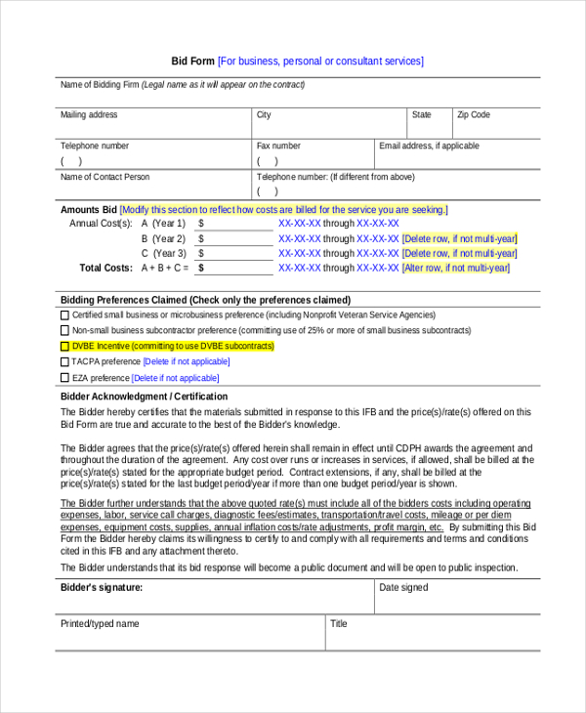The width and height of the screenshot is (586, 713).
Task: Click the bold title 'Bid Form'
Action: coord(192,62)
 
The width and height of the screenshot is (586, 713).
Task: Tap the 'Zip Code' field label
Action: coord(474,115)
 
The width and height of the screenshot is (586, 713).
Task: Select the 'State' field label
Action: coord(422,115)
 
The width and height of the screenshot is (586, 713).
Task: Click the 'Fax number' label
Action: coord(278,147)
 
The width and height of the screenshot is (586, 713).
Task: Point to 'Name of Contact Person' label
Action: coord(105,178)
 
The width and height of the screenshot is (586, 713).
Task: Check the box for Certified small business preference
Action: coord(65,315)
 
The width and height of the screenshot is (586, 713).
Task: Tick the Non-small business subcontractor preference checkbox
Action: coord(65,331)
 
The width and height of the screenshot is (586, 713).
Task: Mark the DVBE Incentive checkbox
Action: coord(65,347)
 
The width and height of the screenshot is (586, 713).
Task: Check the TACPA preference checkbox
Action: coord(65,362)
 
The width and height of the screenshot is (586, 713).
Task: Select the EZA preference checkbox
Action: coord(65,378)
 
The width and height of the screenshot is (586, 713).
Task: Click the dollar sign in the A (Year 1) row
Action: coord(201,224)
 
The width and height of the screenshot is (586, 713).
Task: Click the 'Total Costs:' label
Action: coord(105,268)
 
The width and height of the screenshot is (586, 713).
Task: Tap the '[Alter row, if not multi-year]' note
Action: coord(456,268)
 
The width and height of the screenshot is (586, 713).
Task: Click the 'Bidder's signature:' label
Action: coord(102,588)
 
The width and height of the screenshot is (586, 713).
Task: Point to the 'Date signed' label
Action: coord(403,588)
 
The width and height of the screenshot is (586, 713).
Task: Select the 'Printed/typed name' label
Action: coord(100,624)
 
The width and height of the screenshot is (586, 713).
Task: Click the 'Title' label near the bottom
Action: coord(339,624)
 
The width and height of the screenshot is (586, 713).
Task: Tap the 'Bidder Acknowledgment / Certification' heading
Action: coord(145,398)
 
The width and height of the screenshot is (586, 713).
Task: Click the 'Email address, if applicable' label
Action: coord(429,147)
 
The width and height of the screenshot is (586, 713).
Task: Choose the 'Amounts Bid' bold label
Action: coord(89,210)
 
